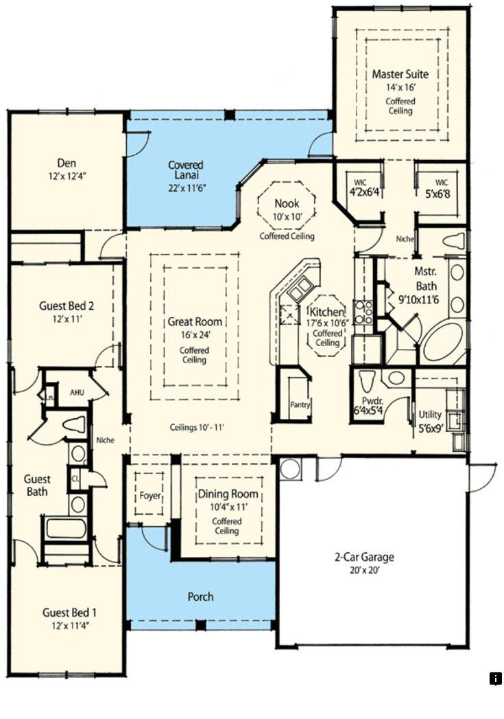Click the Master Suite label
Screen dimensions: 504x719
tap(400, 74)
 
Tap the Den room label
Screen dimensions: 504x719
tap(67, 163)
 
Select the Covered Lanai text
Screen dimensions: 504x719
tap(186, 170)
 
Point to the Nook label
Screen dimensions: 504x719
tap(287, 203)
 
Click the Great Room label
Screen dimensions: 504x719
tap(195, 322)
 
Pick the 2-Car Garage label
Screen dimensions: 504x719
tap(364, 557)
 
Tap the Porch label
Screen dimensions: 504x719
tap(200, 597)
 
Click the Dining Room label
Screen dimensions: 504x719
tap(228, 494)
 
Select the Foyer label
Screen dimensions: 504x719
tap(150, 496)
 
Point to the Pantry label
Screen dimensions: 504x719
tap(300, 405)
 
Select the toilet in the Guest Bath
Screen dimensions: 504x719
tap(73, 424)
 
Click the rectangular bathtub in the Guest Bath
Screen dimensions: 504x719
tap(66, 528)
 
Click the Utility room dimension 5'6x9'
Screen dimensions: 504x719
tap(431, 430)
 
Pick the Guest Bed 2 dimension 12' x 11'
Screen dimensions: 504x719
tap(67, 319)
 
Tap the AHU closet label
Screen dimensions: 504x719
tap(77, 393)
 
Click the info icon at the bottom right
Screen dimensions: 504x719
tap(495, 678)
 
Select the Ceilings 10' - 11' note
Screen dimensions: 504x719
tap(197, 427)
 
